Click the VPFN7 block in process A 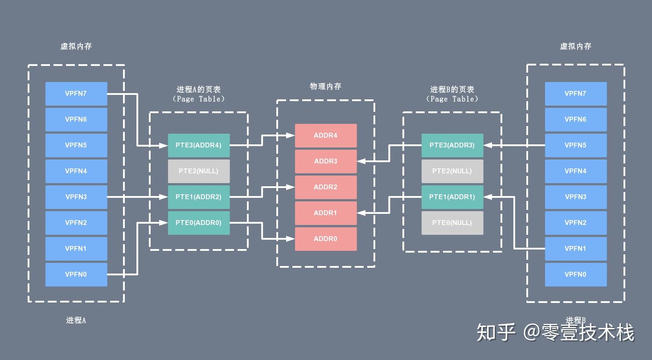pos(76,94)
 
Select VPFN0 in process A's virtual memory pos(76,274)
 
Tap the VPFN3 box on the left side pos(76,197)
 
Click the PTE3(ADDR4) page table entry pos(199,145)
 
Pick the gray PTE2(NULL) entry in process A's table pos(199,171)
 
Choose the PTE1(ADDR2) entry pos(199,197)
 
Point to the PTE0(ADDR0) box pos(199,223)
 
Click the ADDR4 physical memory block pos(326,135)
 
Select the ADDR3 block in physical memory pos(326,161)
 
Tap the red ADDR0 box pos(326,239)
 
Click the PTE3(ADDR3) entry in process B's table pos(452,145)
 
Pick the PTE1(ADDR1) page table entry pos(452,197)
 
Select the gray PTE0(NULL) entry pos(452,223)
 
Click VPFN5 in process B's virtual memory pos(575,145)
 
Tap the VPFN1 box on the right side pos(575,249)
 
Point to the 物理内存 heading pos(326,86)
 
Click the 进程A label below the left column pos(76,320)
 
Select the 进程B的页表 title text pos(452,90)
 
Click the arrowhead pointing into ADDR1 pos(361,213)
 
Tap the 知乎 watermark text pos(496,332)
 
